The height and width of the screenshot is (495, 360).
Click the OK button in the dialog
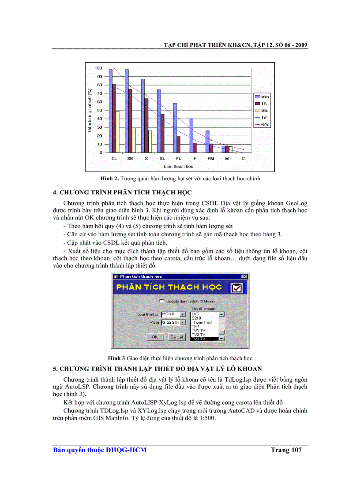(x=154, y=337)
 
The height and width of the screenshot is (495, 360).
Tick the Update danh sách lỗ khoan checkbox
(x=161, y=301)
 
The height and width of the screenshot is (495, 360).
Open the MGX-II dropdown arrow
(x=183, y=314)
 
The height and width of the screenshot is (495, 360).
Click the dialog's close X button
(x=244, y=276)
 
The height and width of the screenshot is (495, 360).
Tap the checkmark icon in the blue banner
(x=237, y=288)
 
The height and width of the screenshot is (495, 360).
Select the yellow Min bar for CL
(x=117, y=132)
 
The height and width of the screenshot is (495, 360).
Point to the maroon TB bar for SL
(x=162, y=133)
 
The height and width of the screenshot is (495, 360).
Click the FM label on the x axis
(x=210, y=158)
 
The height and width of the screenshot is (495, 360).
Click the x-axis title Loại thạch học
(x=178, y=167)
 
